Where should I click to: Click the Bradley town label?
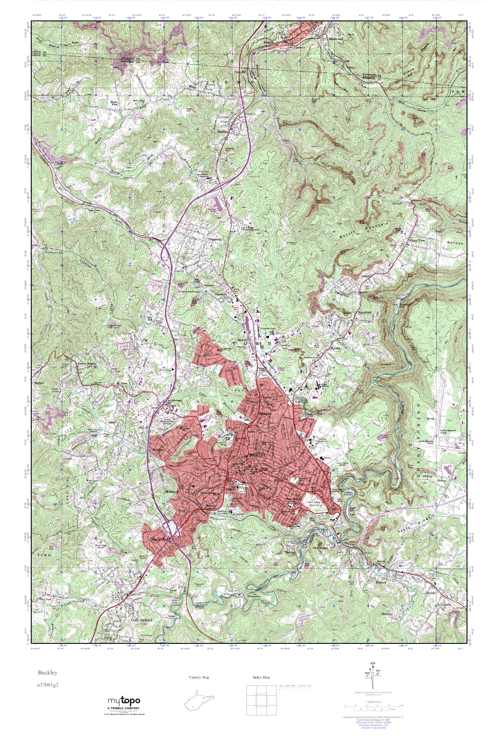pyautogui.click(x=223, y=131)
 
